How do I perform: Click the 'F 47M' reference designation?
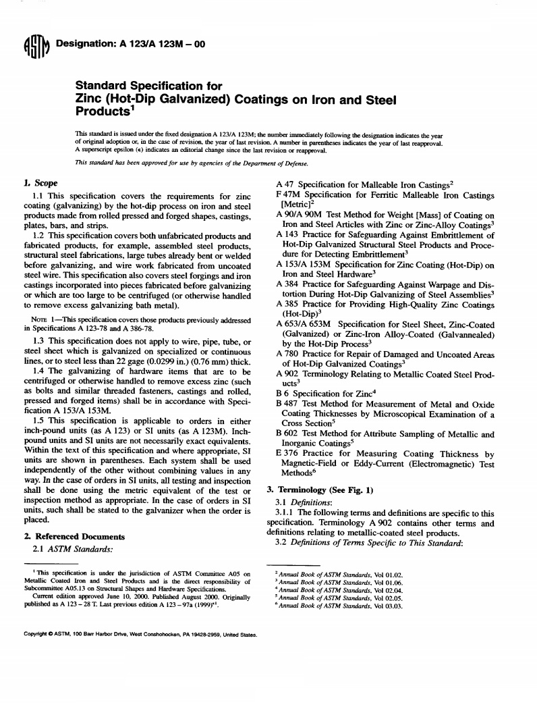[291, 196]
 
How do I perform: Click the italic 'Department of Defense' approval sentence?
[192, 164]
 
